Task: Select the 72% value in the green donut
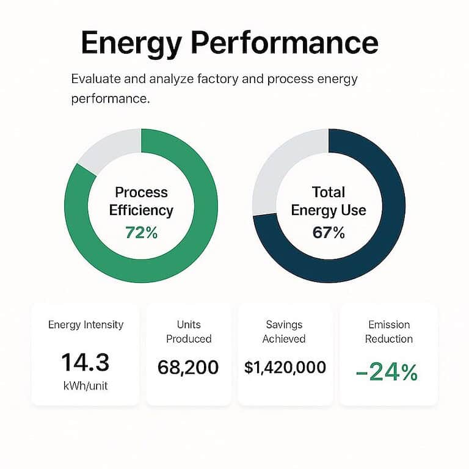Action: (x=141, y=233)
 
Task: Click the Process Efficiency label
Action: (x=141, y=202)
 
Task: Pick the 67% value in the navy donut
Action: (x=329, y=233)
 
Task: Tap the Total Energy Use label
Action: (x=329, y=202)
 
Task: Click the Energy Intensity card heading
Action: (x=85, y=325)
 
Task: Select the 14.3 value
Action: (x=85, y=363)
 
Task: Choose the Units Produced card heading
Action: (x=189, y=332)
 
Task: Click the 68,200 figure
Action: (x=189, y=367)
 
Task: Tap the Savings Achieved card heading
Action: (x=285, y=332)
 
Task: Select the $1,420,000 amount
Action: (x=285, y=367)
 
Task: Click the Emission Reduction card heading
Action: (x=389, y=332)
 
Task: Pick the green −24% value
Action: (x=387, y=371)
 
